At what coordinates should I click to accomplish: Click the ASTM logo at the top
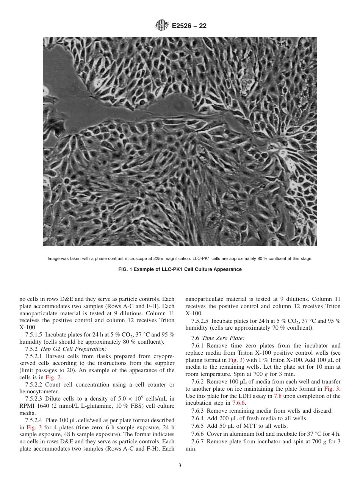162,26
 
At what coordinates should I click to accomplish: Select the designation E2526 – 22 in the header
189,26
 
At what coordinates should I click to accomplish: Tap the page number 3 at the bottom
180,466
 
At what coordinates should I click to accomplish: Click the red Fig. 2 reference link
53,377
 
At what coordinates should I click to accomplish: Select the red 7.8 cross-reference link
278,396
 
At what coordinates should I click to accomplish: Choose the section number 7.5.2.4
34,421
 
